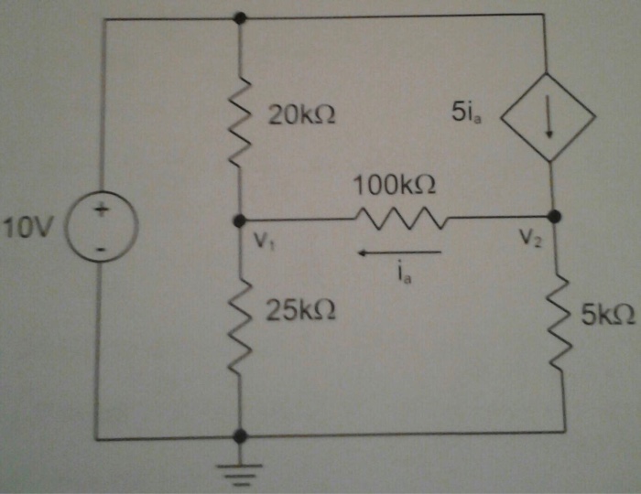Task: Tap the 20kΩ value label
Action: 301,115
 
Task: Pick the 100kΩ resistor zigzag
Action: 399,220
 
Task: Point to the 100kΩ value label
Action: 395,187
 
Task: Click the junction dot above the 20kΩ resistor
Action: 240,17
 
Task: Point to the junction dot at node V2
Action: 554,216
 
